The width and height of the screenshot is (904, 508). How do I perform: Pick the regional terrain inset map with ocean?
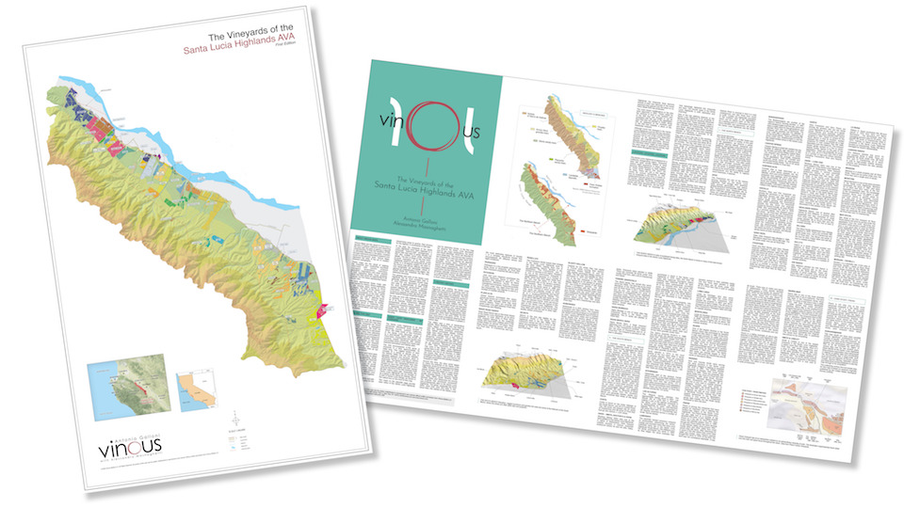click(125, 379)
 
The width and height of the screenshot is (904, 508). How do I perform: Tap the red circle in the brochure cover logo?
click(426, 126)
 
